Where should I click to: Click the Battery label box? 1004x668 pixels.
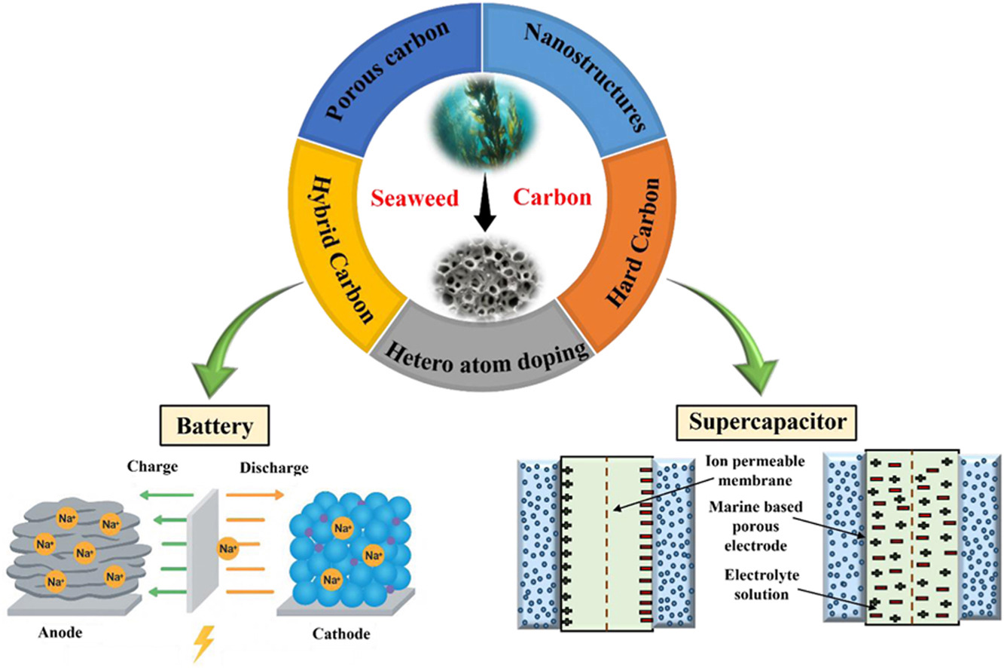214,426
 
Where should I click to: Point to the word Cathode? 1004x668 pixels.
341,633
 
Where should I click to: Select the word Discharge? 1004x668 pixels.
273,468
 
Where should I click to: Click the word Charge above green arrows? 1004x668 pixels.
153,466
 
